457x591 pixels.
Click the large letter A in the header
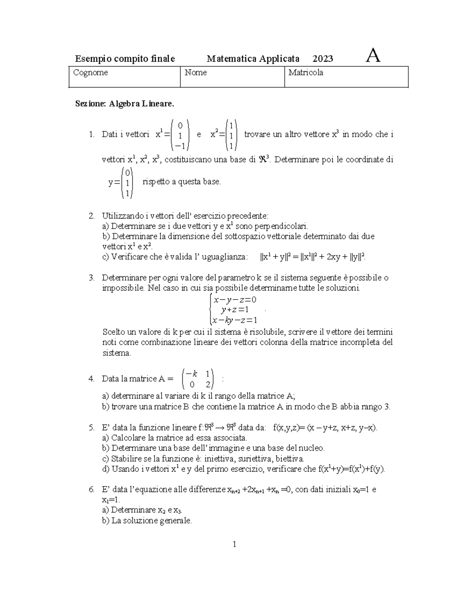pos(372,57)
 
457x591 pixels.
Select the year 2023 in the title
pos(323,59)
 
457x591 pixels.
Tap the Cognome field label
pos(91,73)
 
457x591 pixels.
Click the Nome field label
pos(196,73)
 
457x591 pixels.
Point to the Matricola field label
pos(306,73)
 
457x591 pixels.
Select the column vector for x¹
pos(180,135)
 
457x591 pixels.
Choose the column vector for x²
pos(231,135)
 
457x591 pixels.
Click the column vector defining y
pos(127,183)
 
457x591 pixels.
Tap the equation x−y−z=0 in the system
pos(235,299)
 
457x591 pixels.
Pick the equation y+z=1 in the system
pos(235,310)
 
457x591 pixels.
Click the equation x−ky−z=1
pos(235,320)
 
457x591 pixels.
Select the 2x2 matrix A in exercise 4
pos(197,379)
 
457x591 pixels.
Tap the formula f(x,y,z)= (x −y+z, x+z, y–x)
pos(326,428)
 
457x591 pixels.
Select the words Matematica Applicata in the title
pos(253,59)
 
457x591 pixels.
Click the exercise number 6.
pos(91,490)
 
